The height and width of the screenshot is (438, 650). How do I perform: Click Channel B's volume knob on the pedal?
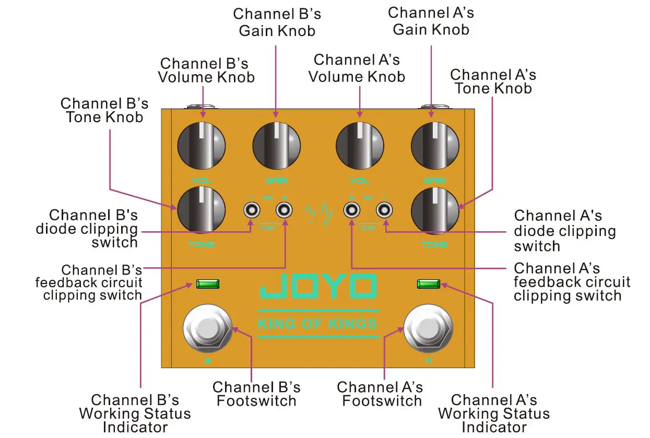tap(201, 145)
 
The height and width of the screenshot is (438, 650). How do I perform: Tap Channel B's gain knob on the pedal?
tap(277, 145)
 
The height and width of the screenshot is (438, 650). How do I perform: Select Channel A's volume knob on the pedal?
tap(360, 145)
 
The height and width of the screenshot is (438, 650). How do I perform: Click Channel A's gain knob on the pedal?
tap(435, 145)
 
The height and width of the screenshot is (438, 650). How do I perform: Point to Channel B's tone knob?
tap(201, 210)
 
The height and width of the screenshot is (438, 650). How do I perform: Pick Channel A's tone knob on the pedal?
tap(435, 210)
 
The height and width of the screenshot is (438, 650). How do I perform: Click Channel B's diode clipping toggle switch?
tap(251, 210)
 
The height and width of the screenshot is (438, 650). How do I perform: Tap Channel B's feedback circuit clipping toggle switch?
tap(284, 210)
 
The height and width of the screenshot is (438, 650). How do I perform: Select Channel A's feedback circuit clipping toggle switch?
tap(351, 210)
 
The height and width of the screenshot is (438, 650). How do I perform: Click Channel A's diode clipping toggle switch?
tap(384, 210)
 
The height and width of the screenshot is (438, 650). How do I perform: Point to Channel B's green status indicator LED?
tap(208, 284)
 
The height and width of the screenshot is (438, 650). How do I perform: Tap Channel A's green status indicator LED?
tap(428, 284)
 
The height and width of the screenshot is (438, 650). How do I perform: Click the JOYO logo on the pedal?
tap(318, 286)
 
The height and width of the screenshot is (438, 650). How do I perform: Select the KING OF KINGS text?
tap(317, 324)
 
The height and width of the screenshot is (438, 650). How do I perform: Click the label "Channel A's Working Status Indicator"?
tap(493, 413)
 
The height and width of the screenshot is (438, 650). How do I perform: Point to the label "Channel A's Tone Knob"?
tap(493, 81)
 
